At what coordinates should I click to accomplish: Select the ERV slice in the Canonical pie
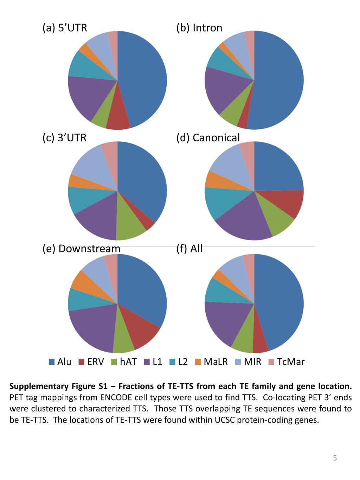287,204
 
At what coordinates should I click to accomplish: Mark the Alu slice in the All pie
281,302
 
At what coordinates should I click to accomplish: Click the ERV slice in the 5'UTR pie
118,120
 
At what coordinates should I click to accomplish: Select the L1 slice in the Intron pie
221,90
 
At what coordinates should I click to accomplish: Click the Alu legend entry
60,362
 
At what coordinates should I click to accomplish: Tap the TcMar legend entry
286,362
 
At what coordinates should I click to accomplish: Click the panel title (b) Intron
199,28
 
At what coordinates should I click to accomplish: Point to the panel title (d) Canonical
208,138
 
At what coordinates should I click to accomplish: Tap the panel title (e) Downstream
81,249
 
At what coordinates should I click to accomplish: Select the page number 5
335,458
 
